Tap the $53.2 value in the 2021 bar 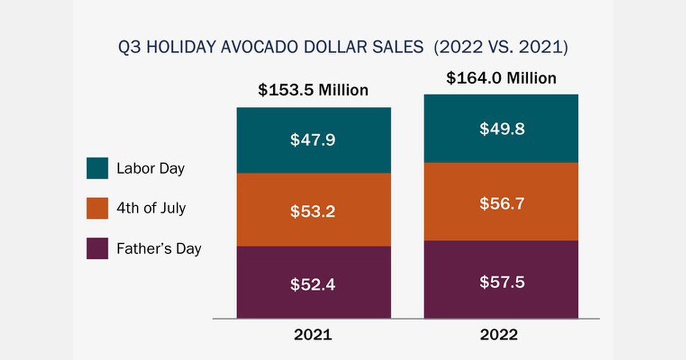click(x=313, y=211)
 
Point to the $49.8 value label click(x=502, y=129)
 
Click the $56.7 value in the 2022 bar click(x=502, y=203)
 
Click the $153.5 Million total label click(x=313, y=90)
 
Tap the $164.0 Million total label click(x=501, y=78)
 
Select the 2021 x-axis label click(x=313, y=335)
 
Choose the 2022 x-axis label click(x=498, y=335)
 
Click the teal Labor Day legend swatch click(x=97, y=169)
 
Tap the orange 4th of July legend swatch click(x=97, y=209)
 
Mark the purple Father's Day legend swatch click(x=97, y=249)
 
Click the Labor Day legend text click(x=150, y=169)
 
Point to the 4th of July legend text click(x=151, y=209)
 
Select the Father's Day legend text click(x=158, y=249)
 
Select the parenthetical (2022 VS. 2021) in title click(x=501, y=47)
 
